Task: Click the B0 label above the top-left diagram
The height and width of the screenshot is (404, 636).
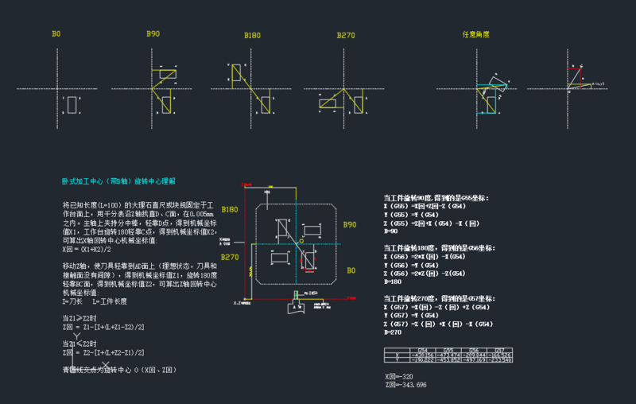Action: click(x=56, y=34)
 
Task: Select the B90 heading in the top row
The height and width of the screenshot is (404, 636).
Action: click(x=153, y=34)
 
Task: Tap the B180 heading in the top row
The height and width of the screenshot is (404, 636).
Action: click(x=252, y=35)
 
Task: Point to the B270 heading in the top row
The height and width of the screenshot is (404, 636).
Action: click(x=345, y=35)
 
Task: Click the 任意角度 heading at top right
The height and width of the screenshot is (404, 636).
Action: click(x=475, y=35)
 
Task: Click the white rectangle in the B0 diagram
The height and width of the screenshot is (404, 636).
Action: click(x=72, y=105)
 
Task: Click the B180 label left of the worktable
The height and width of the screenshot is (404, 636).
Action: click(x=230, y=209)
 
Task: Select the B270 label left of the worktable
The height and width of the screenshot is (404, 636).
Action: click(x=230, y=257)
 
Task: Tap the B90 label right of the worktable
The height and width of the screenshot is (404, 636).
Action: click(x=349, y=225)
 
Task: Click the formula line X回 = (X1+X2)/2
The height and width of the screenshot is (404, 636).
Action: click(x=89, y=250)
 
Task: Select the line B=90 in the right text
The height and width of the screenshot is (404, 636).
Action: click(x=390, y=231)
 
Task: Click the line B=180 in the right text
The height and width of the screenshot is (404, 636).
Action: click(x=392, y=282)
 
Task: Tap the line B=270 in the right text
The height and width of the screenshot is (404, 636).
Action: click(x=392, y=332)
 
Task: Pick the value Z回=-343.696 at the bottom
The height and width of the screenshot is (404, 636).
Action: click(x=405, y=384)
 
